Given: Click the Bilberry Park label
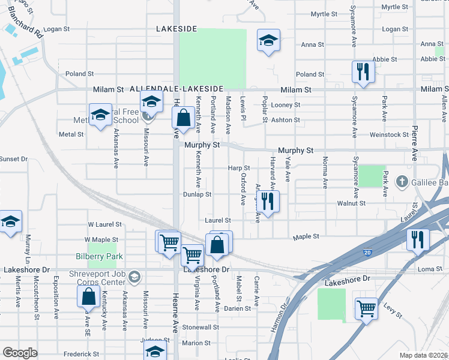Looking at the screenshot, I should click(99, 256).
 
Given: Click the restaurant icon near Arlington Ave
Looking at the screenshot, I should click(268, 201).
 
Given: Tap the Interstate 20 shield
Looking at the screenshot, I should click(367, 253).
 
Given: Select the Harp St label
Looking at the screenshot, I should click(239, 169).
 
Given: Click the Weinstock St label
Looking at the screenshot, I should click(390, 134).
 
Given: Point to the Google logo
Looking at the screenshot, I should click(20, 352).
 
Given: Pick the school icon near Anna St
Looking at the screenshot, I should click(268, 41).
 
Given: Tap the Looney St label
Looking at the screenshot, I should click(285, 105).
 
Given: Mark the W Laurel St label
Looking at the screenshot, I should click(105, 224).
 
